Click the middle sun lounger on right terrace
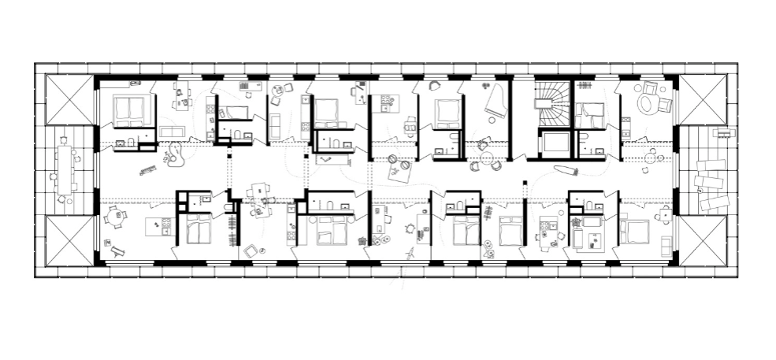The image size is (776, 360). [x=711, y=183]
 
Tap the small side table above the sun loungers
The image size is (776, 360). [x=718, y=135]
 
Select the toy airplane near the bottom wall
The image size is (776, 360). [x=410, y=254]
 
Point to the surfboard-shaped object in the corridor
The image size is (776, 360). [x=566, y=169]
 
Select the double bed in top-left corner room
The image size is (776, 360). [x=131, y=110]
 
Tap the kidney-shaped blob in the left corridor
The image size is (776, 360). [x=176, y=154]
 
